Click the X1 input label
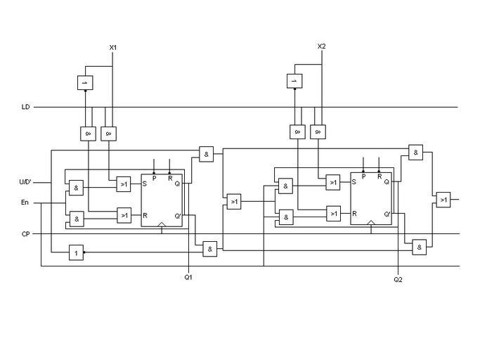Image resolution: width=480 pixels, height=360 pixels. point(112,47)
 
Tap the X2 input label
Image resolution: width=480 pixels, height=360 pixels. point(322,47)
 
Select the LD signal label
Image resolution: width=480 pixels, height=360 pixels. point(25,108)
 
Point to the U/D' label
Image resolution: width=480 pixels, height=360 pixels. point(25,182)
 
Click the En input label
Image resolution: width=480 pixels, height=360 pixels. point(25,203)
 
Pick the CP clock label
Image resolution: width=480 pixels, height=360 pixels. point(25,233)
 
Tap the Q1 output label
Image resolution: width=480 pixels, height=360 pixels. point(188,277)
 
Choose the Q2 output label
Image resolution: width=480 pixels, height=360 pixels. point(398,280)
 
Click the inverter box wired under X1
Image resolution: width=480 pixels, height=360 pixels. point(85,82)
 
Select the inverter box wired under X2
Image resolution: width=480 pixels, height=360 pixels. point(295,82)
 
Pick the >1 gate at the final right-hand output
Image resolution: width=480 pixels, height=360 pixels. point(443,200)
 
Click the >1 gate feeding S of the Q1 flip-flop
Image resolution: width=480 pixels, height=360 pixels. point(124,184)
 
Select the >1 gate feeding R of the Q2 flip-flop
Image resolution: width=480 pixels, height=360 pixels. point(333,213)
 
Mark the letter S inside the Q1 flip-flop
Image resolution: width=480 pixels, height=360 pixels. point(145,184)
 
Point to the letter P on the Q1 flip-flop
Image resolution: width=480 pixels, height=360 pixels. point(154,179)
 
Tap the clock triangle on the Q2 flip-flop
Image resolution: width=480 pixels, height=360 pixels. point(371,221)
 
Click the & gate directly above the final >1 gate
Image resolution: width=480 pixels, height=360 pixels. point(416,153)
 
